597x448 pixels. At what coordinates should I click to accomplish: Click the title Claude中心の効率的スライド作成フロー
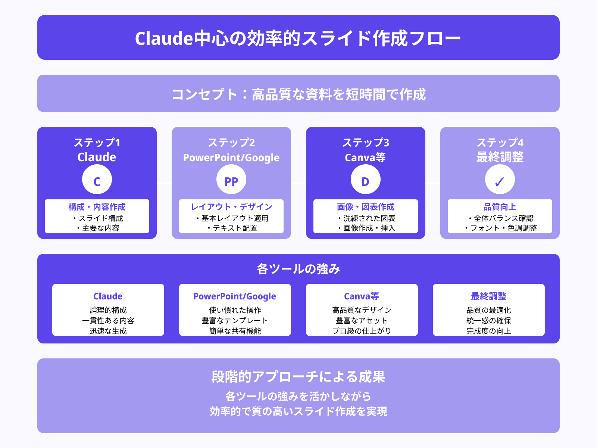point(298,38)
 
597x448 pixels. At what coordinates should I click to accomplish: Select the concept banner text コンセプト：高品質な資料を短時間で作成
point(298,94)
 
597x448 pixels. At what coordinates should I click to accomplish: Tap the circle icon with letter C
point(97,180)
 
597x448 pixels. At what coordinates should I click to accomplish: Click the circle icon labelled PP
point(231,180)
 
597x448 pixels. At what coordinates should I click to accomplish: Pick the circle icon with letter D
point(366,180)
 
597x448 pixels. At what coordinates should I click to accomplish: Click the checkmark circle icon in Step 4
point(500,180)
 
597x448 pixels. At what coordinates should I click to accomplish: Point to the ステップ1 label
point(97,142)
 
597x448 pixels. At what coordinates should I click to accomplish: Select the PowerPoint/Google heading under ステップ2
point(231,158)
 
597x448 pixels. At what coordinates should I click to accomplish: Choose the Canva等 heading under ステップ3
point(365,158)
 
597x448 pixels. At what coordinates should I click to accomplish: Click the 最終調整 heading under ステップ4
point(500,157)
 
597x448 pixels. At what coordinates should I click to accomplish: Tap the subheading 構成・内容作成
point(97,207)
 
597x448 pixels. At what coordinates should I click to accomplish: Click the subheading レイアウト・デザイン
point(231,207)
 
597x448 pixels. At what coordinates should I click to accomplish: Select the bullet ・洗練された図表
point(366,218)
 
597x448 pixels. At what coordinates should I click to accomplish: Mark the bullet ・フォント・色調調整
point(500,228)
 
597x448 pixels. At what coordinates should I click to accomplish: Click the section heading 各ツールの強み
point(298,269)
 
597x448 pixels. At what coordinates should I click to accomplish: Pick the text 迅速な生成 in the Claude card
point(108,331)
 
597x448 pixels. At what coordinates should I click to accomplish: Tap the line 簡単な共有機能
point(235,331)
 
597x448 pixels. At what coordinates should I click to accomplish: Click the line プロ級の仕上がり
point(362,331)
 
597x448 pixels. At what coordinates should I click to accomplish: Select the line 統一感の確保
point(489,320)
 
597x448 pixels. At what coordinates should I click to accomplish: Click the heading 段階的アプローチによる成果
point(298,377)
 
